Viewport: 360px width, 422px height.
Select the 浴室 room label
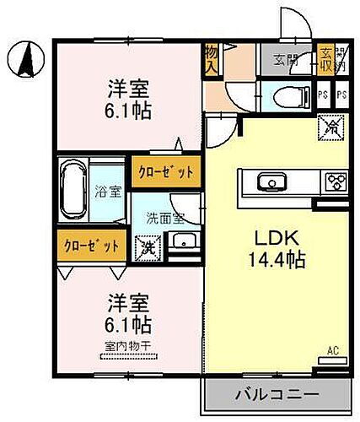pos(105,191)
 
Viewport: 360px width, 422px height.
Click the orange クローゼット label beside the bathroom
pos(165,170)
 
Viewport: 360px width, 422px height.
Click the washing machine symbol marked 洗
pos(148,247)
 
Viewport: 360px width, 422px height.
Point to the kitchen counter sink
pos(271,181)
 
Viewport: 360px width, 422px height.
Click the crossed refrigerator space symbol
pos(331,129)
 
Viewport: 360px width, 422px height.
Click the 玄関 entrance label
pos(286,59)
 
